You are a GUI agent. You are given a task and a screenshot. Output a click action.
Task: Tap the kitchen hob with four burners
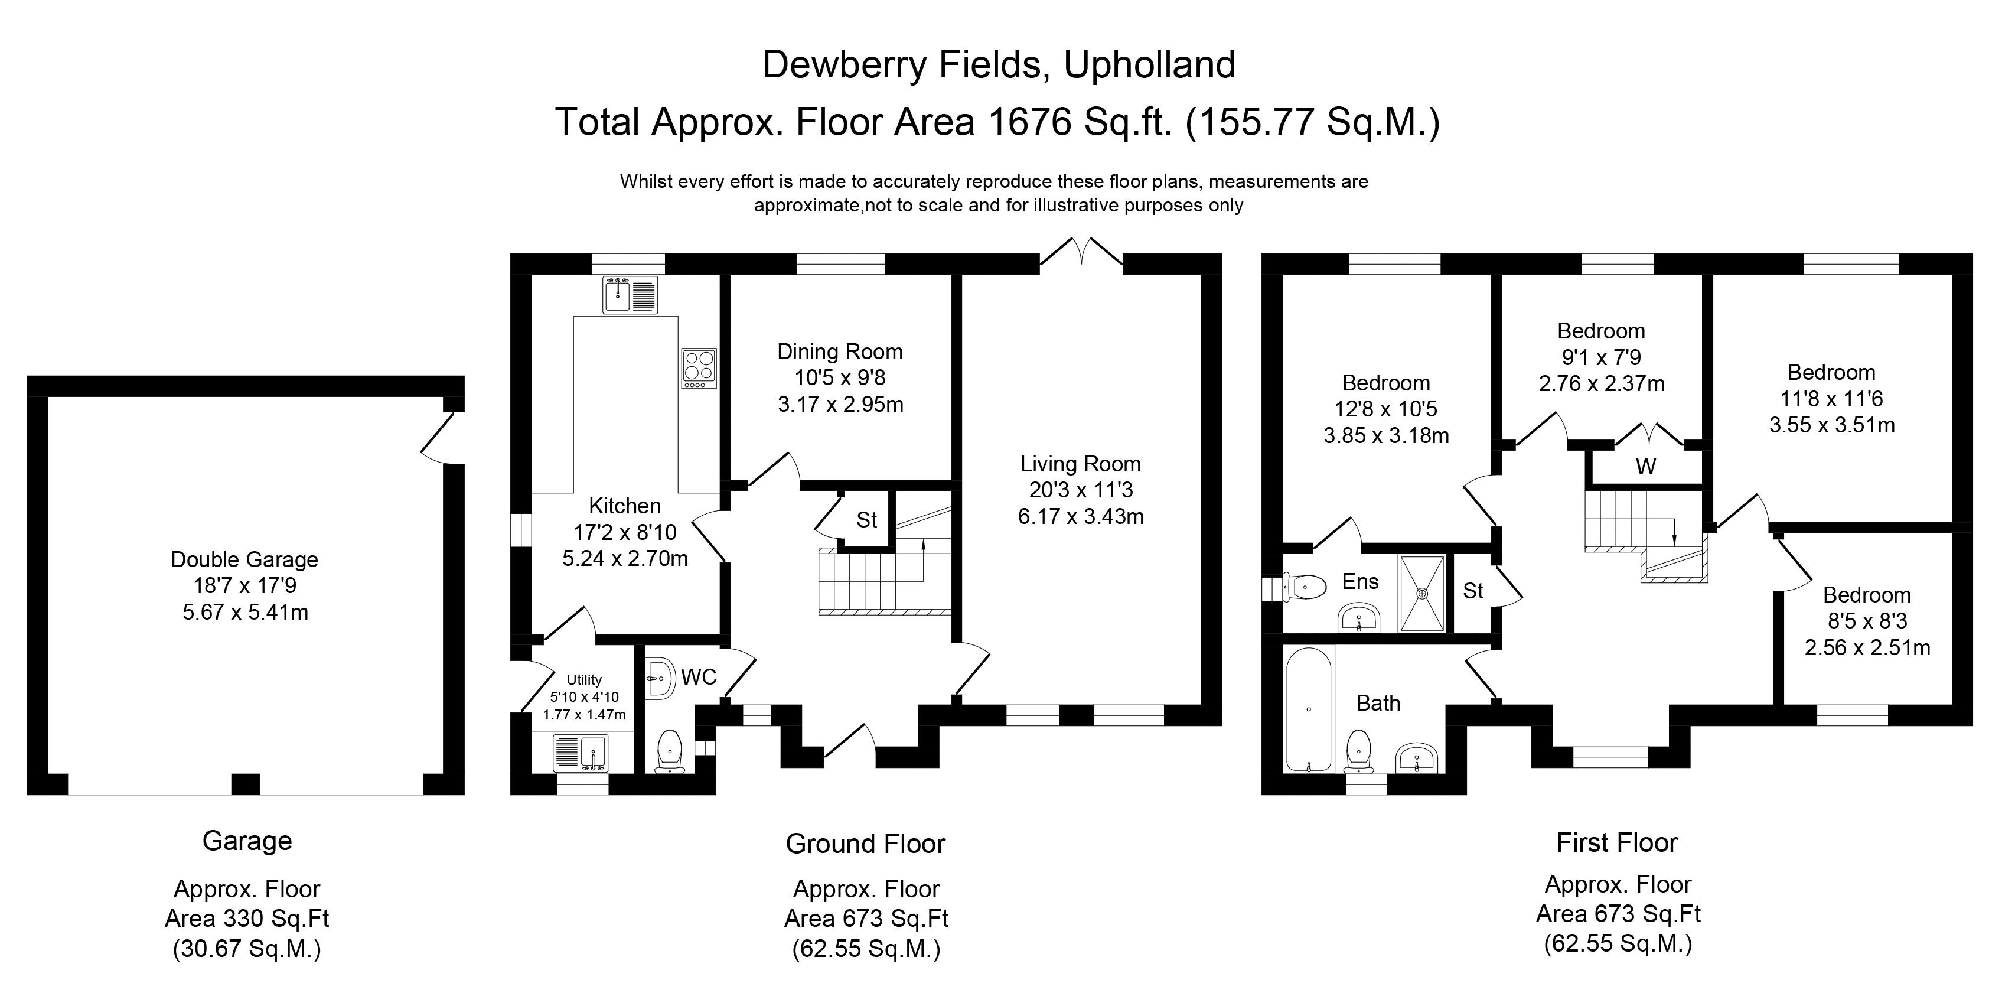pos(699,367)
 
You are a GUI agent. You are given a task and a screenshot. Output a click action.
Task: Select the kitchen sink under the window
pos(630,295)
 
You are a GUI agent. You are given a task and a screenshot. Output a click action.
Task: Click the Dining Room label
pos(839,351)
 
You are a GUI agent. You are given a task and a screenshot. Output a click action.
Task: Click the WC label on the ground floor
pos(699,676)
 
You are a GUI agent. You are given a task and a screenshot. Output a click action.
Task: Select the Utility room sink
pos(581,753)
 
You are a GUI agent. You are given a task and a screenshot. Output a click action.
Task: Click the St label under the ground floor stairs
pos(866,520)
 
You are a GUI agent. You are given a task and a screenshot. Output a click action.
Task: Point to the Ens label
pos(1360,581)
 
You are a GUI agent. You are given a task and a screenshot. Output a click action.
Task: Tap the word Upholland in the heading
pos(1149,65)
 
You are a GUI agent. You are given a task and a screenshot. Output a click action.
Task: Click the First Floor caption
pos(1617,842)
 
